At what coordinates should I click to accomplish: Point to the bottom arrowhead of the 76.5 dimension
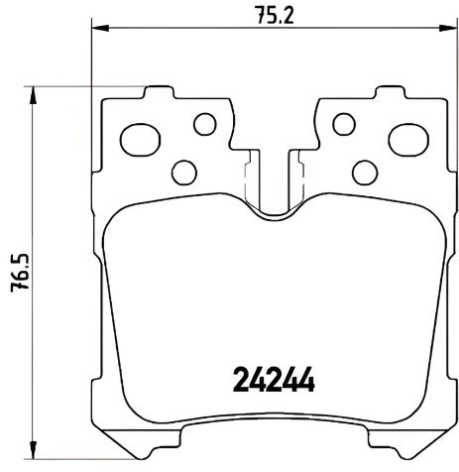[36, 456]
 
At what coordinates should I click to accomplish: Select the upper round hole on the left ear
[204, 124]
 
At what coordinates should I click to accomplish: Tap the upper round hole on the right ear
[343, 124]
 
